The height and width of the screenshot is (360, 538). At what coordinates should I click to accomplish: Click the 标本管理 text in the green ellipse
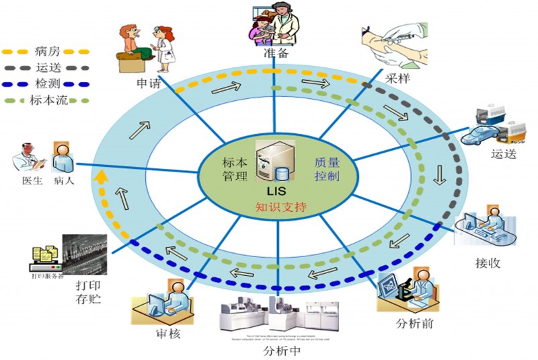point(235,169)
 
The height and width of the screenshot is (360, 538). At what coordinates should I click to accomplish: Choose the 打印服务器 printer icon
point(43,255)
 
